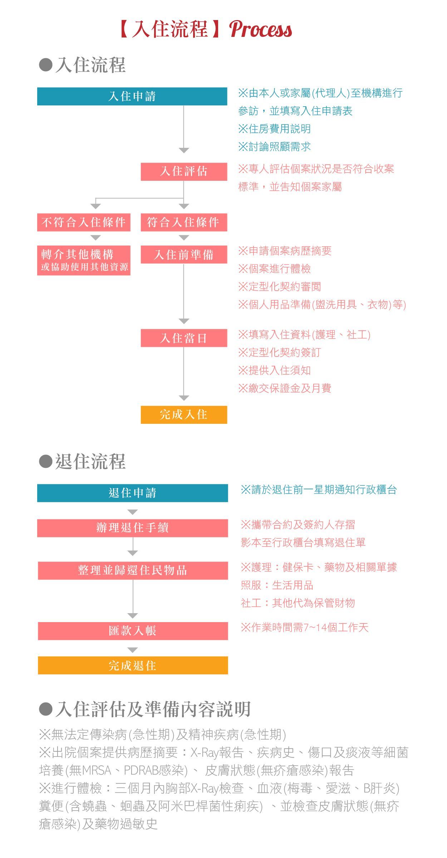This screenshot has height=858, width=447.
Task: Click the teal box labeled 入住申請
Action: (132, 96)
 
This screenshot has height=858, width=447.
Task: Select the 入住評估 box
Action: (184, 171)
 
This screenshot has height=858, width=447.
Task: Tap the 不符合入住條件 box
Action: (84, 222)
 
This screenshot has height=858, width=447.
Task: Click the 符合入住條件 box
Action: (184, 222)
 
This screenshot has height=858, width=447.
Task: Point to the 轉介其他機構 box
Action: (84, 260)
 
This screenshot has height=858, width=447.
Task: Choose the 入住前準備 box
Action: (184, 255)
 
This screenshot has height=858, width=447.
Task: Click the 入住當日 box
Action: (184, 338)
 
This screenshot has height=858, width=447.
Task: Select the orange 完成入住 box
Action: (184, 415)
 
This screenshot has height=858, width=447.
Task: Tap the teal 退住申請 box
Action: (132, 493)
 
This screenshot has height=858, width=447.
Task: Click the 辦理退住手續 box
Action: (132, 528)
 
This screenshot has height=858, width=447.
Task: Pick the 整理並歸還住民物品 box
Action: (133, 571)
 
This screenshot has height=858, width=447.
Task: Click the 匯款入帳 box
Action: (133, 631)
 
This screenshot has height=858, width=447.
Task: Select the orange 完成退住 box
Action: (133, 665)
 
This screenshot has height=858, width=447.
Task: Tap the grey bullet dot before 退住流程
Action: (46, 461)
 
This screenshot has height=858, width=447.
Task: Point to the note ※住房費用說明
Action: (275, 129)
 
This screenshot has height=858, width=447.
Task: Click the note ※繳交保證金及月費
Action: (285, 388)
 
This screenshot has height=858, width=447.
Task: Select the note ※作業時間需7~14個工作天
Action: (305, 627)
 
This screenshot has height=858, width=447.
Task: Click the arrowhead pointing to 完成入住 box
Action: (184, 398)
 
